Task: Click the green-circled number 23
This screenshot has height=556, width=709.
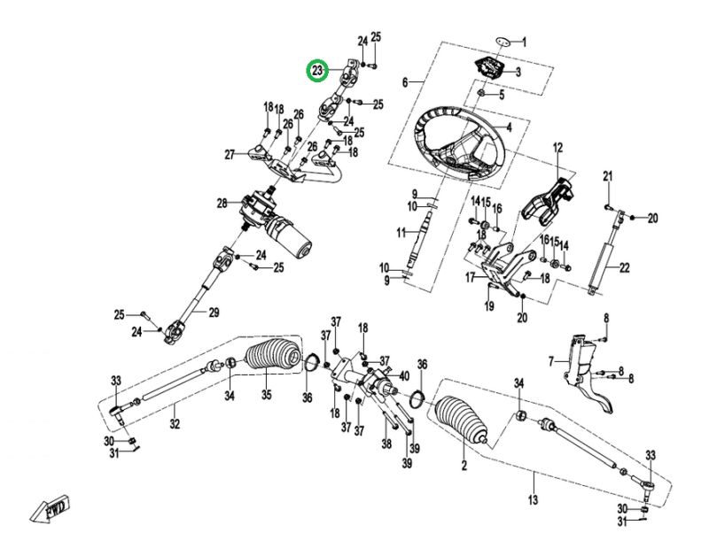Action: pos(317,69)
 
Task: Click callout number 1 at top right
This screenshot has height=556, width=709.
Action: pos(524,42)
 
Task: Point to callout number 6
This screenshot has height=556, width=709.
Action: pos(405,82)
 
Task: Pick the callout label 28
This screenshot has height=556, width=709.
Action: pos(222,205)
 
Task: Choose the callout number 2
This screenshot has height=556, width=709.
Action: pos(463,463)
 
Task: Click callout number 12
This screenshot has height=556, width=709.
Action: pos(558,147)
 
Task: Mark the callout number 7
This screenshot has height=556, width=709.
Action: pos(551,361)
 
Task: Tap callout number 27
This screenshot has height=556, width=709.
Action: pos(229,155)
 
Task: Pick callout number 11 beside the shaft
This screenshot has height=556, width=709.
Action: pos(401,233)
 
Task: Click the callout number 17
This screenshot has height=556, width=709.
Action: pos(471,277)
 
